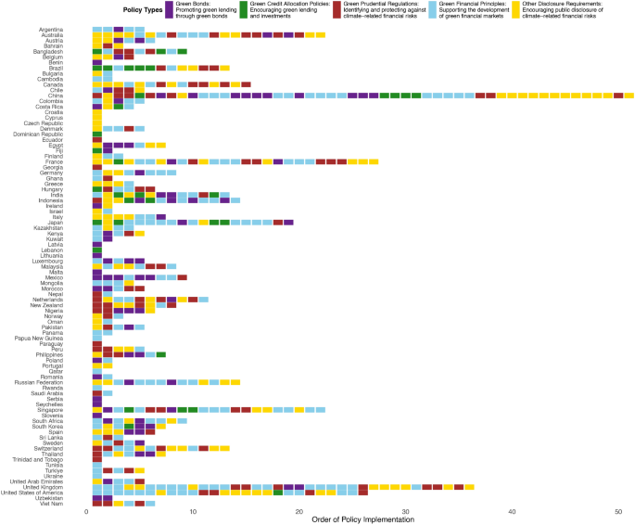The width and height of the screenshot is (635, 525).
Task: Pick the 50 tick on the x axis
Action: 618,513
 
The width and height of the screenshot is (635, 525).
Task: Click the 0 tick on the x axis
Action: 86,513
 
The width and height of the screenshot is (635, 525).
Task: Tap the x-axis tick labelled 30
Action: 405,513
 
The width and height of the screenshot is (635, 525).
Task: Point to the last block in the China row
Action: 629,96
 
